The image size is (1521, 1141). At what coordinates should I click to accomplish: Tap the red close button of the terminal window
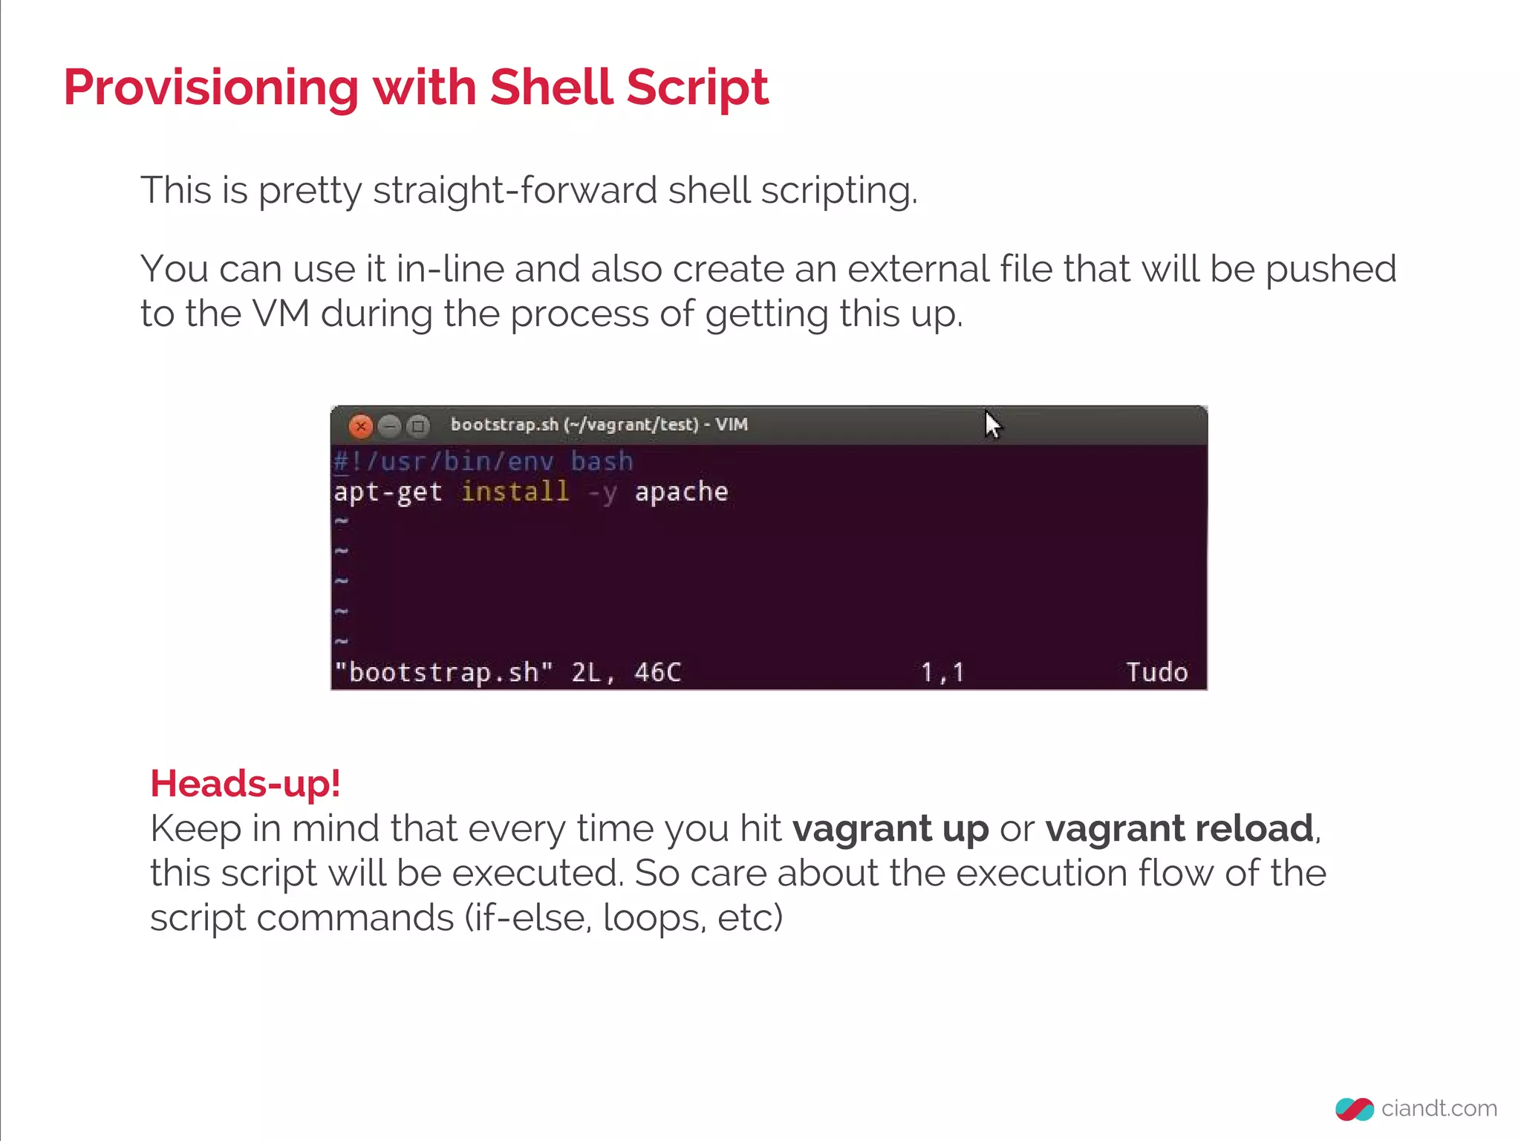(x=361, y=426)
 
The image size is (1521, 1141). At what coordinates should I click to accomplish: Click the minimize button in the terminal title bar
(x=390, y=426)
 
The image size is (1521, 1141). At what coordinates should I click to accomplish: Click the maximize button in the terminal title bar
(x=419, y=426)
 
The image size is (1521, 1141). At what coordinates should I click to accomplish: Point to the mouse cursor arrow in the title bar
(x=992, y=425)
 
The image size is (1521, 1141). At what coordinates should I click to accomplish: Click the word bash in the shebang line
(x=602, y=461)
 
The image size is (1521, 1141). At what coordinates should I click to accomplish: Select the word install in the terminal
(x=515, y=492)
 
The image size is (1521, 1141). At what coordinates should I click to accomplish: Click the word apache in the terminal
(x=681, y=492)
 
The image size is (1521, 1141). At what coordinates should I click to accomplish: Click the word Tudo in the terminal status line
(x=1156, y=672)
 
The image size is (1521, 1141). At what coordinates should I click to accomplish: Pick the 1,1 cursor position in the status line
(x=942, y=672)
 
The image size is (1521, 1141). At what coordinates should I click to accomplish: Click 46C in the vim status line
(x=657, y=672)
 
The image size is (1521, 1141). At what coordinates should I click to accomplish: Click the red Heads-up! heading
(x=245, y=784)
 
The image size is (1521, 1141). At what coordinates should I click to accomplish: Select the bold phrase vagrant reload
(x=1179, y=829)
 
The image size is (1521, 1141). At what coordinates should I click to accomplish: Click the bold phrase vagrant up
(x=890, y=829)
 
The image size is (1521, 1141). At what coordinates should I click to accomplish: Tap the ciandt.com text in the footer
(x=1439, y=1108)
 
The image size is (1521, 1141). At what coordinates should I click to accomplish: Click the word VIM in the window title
(x=732, y=425)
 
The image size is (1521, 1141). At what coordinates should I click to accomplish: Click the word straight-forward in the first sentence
(x=514, y=191)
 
